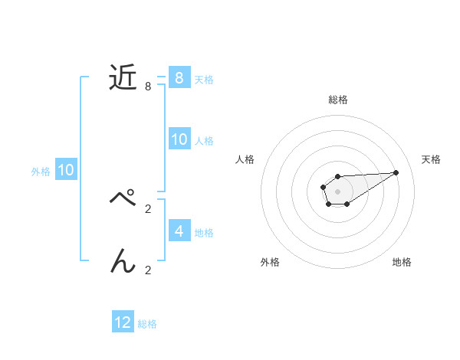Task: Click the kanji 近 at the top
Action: (123, 77)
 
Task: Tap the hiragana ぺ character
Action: (123, 200)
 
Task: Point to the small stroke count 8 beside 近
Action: (147, 87)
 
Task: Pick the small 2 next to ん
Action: (147, 270)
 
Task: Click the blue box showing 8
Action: (179, 78)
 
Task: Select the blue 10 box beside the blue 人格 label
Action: (179, 139)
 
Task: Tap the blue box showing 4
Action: (179, 231)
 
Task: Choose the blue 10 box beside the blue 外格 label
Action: (65, 170)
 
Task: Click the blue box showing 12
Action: (123, 322)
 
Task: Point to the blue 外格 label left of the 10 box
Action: (41, 172)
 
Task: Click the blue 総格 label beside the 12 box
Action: (147, 324)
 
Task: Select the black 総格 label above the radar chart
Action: (338, 100)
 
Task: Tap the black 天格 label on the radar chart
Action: (432, 159)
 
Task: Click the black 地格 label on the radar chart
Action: (402, 262)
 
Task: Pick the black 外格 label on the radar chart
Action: (270, 262)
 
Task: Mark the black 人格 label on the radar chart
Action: (245, 159)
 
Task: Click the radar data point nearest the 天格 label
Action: (396, 172)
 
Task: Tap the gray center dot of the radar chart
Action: (337, 191)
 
